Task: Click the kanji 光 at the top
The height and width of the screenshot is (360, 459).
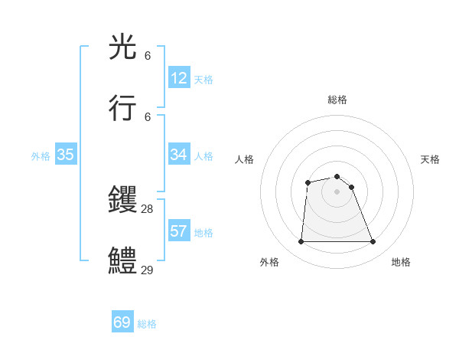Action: tap(123, 47)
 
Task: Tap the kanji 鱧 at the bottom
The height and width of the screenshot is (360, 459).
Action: tap(123, 261)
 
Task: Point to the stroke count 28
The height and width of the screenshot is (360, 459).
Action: tap(147, 208)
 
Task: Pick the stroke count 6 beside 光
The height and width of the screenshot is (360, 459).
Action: tap(148, 56)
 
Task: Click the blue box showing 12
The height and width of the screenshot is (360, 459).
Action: tap(179, 78)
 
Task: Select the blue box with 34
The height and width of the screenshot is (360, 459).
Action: tap(179, 155)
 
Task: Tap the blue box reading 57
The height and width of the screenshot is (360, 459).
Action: tap(179, 231)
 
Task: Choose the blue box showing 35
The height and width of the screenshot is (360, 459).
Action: tap(66, 155)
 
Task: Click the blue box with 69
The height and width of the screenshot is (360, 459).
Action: tap(122, 322)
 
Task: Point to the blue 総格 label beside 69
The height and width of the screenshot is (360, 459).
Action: tap(147, 324)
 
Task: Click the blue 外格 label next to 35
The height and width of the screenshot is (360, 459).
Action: tap(41, 156)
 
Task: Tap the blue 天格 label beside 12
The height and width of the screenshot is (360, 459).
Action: tap(203, 80)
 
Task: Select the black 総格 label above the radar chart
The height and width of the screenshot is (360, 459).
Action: tap(337, 100)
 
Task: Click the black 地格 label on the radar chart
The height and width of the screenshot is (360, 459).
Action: tap(401, 262)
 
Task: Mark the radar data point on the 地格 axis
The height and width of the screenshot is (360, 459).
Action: tap(373, 242)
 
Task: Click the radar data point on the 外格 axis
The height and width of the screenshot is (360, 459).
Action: tap(301, 242)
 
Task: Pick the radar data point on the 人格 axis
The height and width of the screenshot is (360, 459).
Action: tap(308, 182)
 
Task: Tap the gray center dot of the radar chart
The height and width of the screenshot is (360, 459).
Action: tap(337, 191)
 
